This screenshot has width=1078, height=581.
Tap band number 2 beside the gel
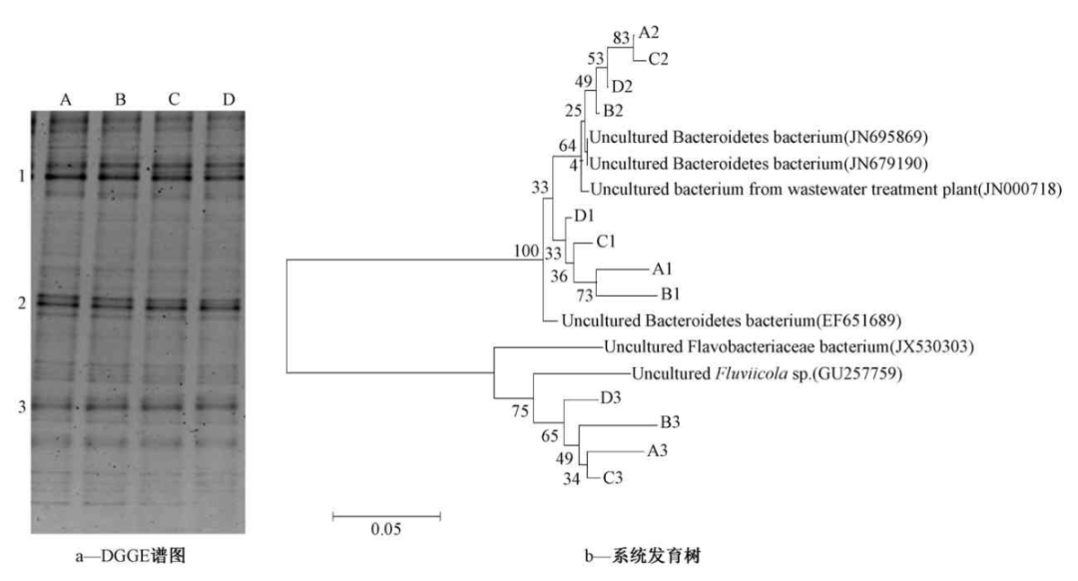pyautogui.click(x=20, y=302)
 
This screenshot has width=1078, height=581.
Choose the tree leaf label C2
pyautogui.click(x=658, y=59)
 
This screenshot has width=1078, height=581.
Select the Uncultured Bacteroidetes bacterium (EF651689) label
pyautogui.click(x=732, y=321)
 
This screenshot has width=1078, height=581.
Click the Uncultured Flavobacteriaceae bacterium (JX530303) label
pyautogui.click(x=790, y=347)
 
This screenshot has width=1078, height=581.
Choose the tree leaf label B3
pyautogui.click(x=671, y=423)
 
